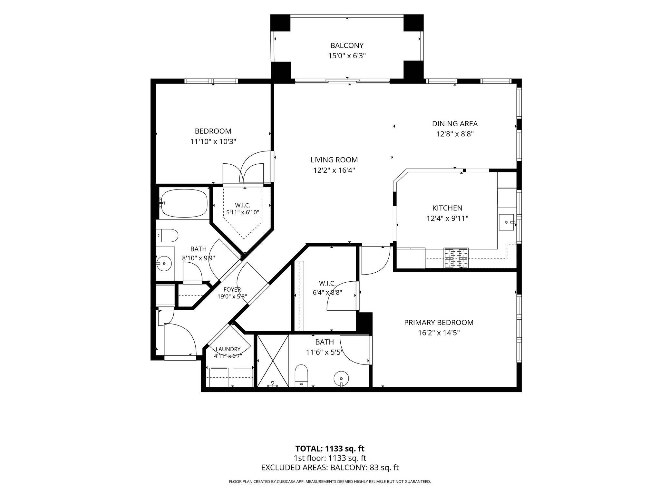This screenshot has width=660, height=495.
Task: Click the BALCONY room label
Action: coord(347,45)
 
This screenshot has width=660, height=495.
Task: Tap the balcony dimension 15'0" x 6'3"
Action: coord(347,56)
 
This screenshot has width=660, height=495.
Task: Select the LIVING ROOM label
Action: coord(334,160)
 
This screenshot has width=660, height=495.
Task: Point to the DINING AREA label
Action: coord(455,124)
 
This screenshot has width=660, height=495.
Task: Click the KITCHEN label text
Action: coord(447,208)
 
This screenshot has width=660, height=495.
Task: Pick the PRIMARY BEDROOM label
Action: coord(439,323)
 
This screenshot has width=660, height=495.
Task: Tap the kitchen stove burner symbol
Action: coord(456,258)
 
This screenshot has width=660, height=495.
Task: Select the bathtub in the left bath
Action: coord(184,203)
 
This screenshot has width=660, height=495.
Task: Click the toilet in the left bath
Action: coord(167,236)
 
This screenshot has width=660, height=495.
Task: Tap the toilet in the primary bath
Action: coord(302,375)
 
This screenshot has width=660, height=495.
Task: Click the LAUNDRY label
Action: coord(228,349)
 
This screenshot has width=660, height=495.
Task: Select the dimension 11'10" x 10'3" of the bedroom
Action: coord(213,141)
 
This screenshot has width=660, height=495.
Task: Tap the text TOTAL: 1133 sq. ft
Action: coord(330,449)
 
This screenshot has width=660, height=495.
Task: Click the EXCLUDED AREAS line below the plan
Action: coord(330,468)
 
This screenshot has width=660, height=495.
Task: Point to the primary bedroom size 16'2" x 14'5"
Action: coord(439,333)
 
